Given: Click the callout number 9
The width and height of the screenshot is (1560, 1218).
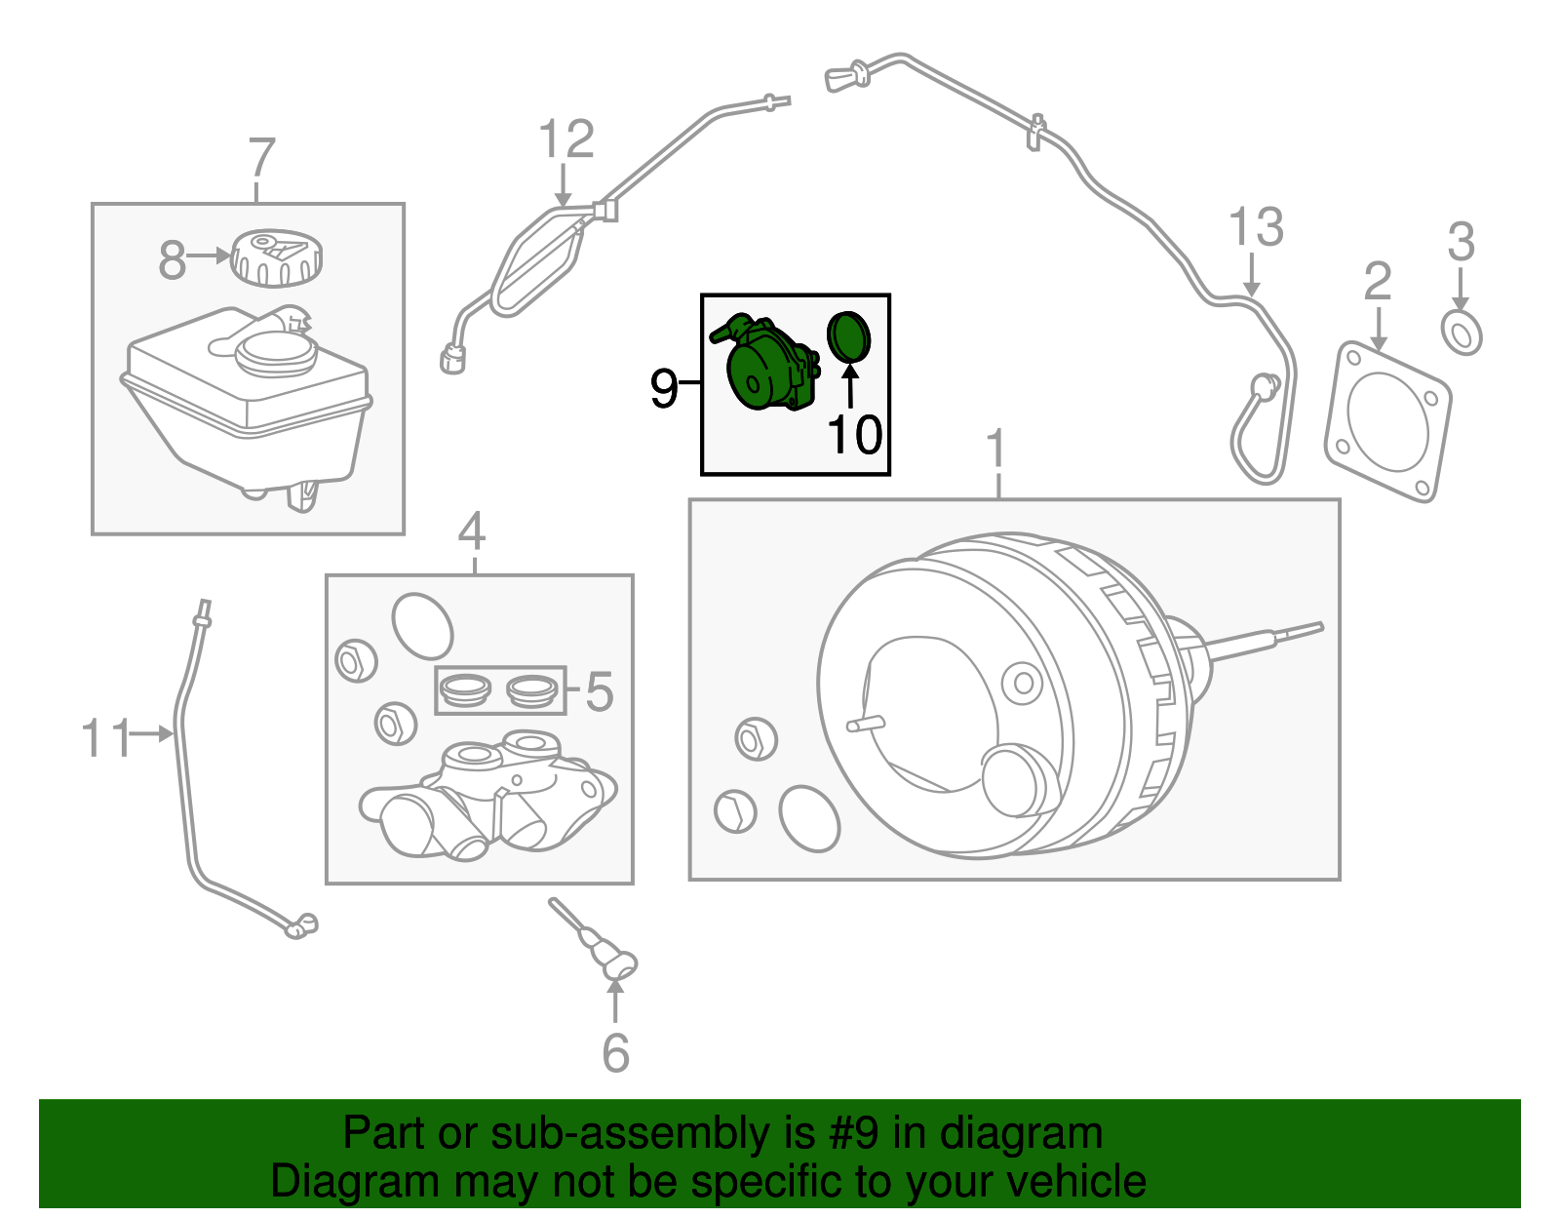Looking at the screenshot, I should pyautogui.click(x=664, y=388).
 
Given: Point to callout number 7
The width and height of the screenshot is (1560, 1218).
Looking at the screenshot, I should pyautogui.click(x=261, y=158).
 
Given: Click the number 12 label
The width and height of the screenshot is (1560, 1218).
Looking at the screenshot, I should pyautogui.click(x=565, y=139).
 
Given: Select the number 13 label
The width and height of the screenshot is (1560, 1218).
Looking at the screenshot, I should pyautogui.click(x=1256, y=228).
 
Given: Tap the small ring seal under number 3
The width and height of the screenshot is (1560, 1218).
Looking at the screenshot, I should pyautogui.click(x=1462, y=333).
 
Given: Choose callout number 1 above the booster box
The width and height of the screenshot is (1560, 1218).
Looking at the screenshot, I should pyautogui.click(x=994, y=450).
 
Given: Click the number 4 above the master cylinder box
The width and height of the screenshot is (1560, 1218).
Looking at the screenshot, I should pyautogui.click(x=472, y=532).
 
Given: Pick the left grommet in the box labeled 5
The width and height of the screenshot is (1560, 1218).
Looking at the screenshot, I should pyautogui.click(x=464, y=689).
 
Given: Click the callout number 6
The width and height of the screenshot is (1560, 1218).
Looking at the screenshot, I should pyautogui.click(x=615, y=1053).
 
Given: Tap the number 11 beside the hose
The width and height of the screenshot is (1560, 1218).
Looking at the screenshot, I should pyautogui.click(x=104, y=738).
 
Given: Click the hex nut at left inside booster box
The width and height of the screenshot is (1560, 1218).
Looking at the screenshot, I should pyautogui.click(x=754, y=739).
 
